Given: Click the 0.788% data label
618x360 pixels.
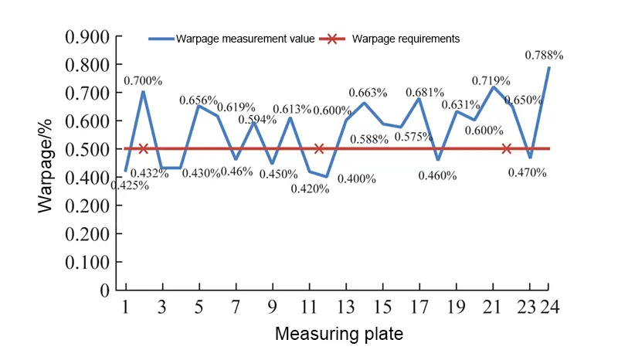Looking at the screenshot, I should (544, 55).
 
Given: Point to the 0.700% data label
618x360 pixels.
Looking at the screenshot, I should (143, 80).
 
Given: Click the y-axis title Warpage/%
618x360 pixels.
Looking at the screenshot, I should (48, 163).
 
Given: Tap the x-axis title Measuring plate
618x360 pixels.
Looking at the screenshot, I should (338, 335).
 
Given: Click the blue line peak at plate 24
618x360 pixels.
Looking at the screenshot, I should (548, 67).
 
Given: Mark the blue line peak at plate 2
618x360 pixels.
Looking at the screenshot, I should (143, 92).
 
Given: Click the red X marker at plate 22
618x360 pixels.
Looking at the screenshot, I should (507, 148).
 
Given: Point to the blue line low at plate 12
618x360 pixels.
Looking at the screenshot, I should (327, 176).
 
